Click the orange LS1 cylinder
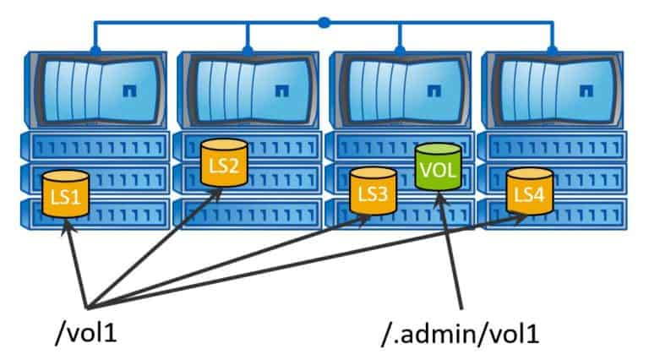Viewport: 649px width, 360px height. tap(60, 197)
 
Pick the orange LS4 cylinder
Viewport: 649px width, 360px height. tap(529, 193)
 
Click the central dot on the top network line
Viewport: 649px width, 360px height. tap(324, 22)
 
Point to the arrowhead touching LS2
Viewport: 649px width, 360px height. tap(218, 194)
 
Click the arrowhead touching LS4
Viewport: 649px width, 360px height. tap(522, 216)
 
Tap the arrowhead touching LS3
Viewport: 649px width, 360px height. tap(365, 219)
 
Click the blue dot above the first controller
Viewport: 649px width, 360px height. tap(95, 51)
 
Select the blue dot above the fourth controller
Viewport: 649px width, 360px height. tap(553, 51)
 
